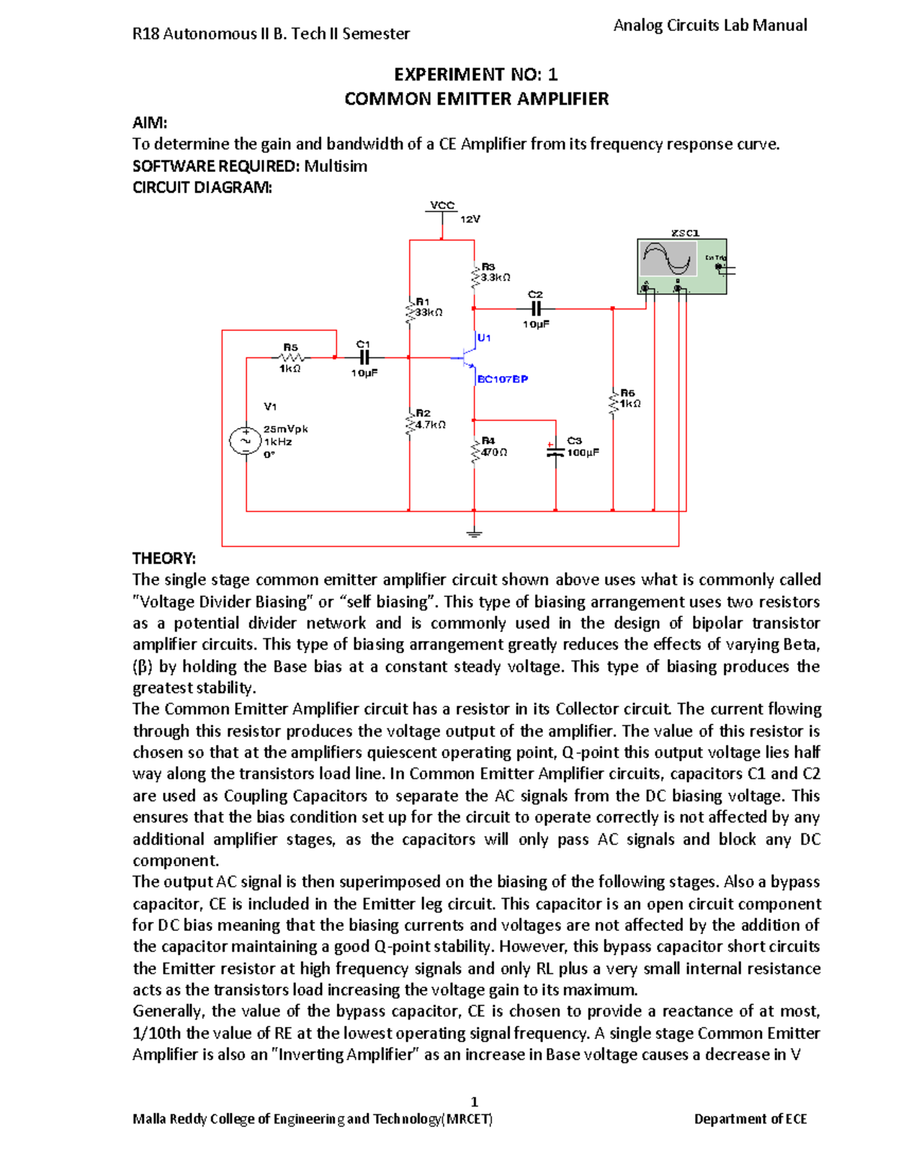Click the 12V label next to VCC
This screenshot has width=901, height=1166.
click(470, 219)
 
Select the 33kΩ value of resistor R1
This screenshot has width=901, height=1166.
click(429, 312)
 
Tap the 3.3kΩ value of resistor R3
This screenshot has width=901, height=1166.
click(496, 277)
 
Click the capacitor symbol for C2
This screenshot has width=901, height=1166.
click(536, 309)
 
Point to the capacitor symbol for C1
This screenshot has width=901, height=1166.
click(364, 358)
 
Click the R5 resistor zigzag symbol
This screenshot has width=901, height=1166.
click(290, 357)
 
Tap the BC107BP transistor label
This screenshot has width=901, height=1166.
click(502, 379)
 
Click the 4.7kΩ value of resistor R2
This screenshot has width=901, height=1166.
click(430, 424)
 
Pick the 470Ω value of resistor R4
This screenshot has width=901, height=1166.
click(494, 452)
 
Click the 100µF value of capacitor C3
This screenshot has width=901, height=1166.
click(583, 453)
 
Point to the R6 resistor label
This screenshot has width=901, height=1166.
click(628, 393)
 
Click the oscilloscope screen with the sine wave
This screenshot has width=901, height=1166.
click(667, 259)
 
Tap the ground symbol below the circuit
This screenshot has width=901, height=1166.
click(474, 534)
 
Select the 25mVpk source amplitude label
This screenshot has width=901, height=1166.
click(285, 429)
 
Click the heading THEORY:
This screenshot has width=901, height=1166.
click(164, 559)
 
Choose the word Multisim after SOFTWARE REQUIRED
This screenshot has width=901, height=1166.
click(336, 166)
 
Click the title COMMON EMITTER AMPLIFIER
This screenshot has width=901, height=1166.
click(476, 99)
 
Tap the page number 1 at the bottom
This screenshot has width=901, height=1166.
click(474, 1101)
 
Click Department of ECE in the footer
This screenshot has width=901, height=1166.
click(750, 1119)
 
